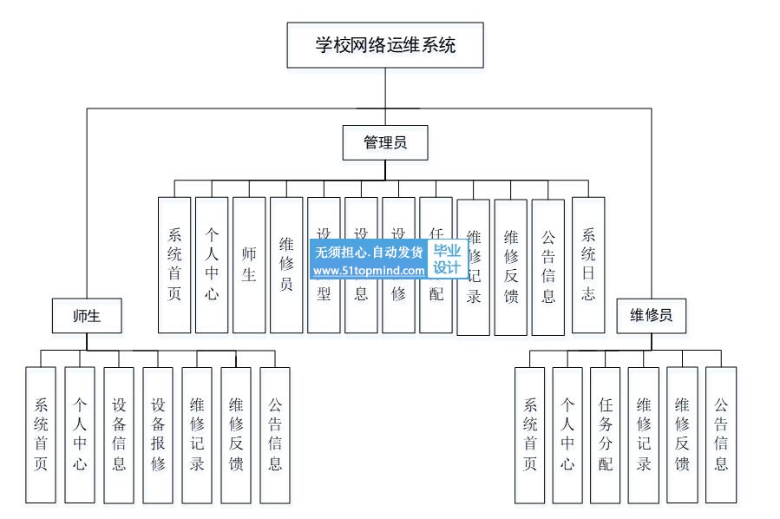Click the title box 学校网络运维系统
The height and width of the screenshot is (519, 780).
[x=385, y=45]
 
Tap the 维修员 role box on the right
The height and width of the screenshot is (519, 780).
[x=651, y=316]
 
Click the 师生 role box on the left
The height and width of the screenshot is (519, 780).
[x=87, y=316]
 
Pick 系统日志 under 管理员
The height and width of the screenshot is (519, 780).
[x=588, y=265]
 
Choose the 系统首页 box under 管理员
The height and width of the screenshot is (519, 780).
[x=174, y=265]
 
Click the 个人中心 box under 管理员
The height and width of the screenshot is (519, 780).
[x=212, y=265]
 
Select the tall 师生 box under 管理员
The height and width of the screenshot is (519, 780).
[x=249, y=265]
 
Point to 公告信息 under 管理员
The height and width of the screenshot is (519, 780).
[x=548, y=265]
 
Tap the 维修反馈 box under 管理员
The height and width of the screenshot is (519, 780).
[x=511, y=265]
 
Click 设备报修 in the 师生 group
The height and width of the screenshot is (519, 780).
[x=158, y=434]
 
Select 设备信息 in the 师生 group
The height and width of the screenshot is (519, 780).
[x=119, y=434]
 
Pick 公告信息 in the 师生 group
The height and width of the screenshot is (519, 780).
[x=275, y=434]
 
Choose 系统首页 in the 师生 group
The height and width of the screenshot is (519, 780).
[x=41, y=434]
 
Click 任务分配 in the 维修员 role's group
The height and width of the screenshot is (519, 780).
[x=606, y=434]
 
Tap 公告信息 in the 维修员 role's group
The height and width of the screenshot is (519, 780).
[x=721, y=434]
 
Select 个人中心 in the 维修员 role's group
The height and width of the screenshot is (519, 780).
[x=567, y=434]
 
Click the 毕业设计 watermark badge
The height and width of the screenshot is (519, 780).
[x=447, y=259]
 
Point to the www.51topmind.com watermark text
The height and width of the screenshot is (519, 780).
[x=370, y=271]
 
